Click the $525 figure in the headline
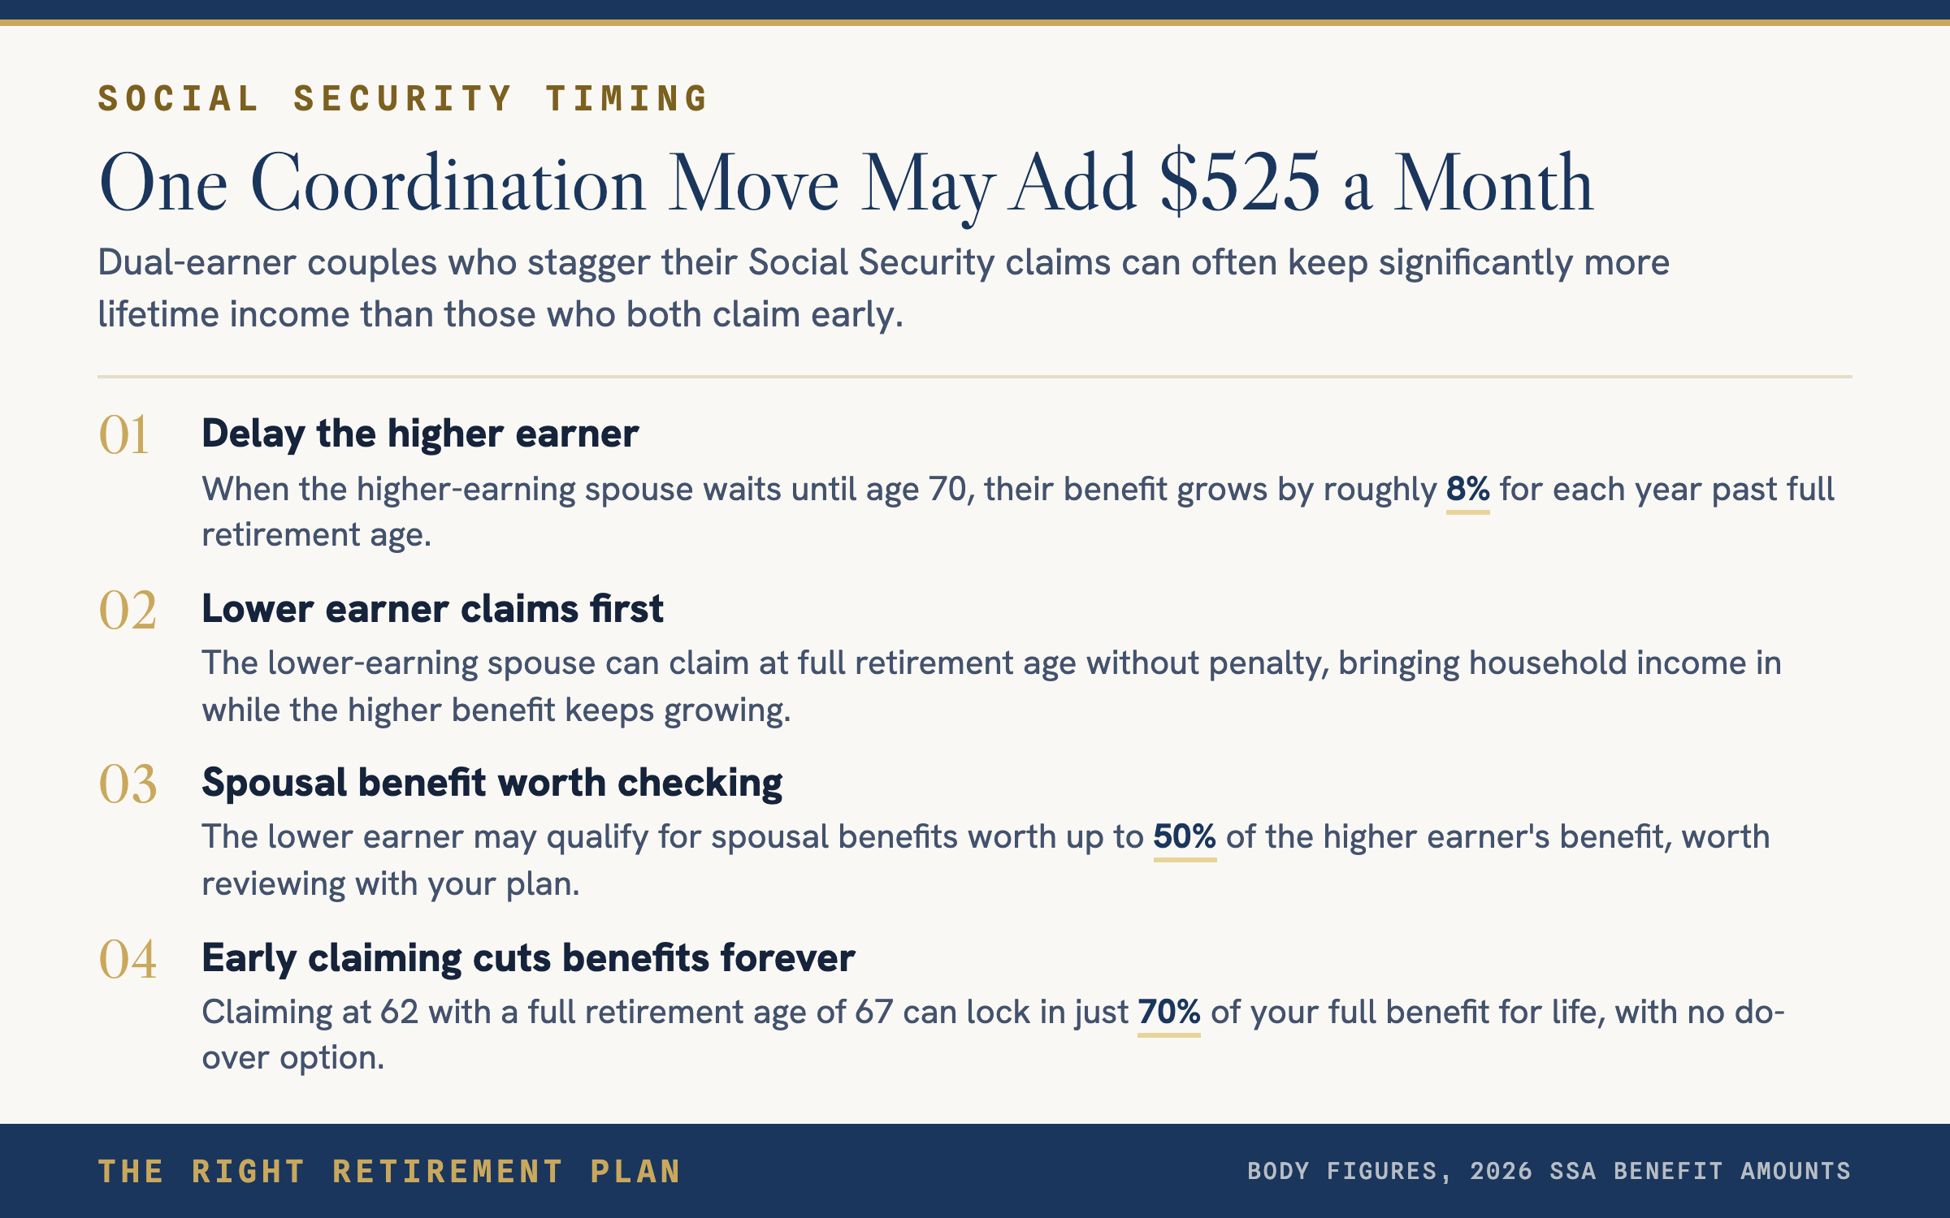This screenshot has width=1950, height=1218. click(1240, 184)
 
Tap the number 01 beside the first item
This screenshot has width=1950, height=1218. click(123, 435)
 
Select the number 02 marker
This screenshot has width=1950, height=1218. click(128, 610)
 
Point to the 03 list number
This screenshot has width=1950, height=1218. click(128, 784)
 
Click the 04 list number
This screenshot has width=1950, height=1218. click(128, 959)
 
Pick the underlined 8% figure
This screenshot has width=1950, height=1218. click(1467, 490)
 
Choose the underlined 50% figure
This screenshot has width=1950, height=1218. click(1185, 837)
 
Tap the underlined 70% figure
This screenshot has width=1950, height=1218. click(1169, 1013)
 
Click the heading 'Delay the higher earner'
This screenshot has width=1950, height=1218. click(420, 434)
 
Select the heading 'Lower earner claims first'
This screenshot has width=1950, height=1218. click(432, 609)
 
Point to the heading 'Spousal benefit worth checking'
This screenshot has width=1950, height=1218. click(492, 784)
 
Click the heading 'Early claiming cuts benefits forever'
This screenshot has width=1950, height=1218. click(528, 958)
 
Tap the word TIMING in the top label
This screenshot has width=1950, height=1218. click(627, 98)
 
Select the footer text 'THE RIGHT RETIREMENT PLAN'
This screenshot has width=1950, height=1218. click(389, 1172)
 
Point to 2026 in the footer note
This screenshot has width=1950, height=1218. click(1501, 1171)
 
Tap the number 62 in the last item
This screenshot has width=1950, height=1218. click(399, 1013)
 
